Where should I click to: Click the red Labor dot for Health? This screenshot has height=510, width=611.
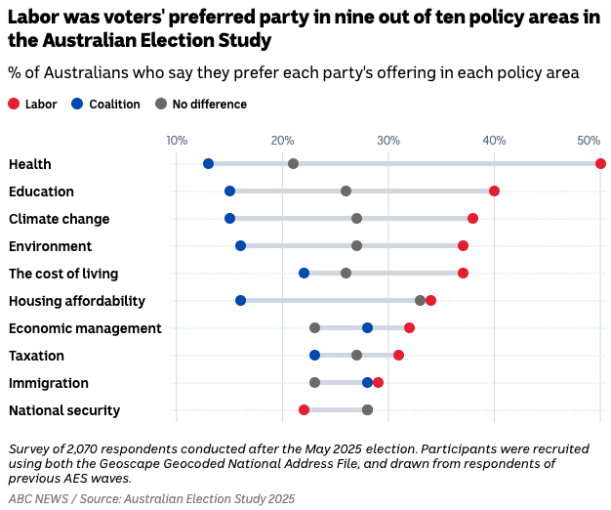coord(600,163)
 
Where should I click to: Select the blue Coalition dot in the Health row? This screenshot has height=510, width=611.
coord(208,163)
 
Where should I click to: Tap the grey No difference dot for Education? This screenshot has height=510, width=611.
coord(346,191)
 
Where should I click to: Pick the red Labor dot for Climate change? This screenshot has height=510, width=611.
coord(472,218)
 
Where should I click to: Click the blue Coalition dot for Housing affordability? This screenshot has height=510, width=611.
coord(240,300)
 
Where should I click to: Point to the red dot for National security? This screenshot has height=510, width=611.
coord(304,409)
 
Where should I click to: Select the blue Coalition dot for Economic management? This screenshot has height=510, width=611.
coord(367,327)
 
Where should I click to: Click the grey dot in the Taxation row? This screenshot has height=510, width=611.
coord(356,355)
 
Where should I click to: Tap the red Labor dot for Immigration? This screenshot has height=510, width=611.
coord(378,382)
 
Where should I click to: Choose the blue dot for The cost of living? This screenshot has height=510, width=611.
coord(304,273)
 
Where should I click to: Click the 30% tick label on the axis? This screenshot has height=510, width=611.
coord(388,141)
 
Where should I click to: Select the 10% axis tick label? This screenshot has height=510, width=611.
coord(177,141)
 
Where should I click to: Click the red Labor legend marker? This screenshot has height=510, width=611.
coord(14,105)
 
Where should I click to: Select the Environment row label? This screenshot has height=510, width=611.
coord(50,246)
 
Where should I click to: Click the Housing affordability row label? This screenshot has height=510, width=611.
coord(77,301)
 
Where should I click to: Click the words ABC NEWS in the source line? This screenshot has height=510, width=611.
coord(38,498)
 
